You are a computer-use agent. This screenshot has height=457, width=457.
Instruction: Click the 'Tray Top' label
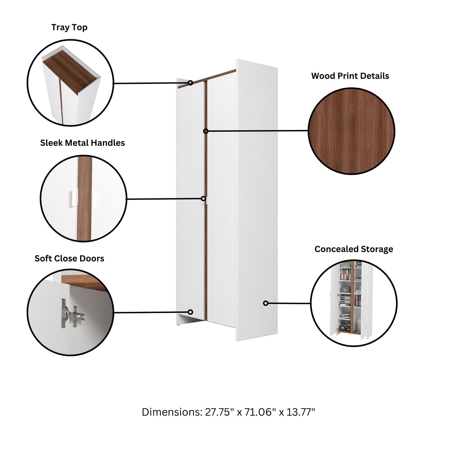point(69,28)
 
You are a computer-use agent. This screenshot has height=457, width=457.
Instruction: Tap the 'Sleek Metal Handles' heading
point(82,143)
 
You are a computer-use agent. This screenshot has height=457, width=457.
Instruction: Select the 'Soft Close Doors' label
point(69,258)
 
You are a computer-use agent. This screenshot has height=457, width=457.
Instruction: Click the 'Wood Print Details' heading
point(350,76)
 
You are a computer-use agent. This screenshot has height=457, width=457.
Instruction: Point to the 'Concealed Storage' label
point(354,249)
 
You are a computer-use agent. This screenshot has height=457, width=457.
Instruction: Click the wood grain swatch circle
point(351,131)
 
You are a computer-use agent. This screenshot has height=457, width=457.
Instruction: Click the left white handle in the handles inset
point(73,198)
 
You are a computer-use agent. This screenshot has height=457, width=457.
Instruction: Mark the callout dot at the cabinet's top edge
point(190,83)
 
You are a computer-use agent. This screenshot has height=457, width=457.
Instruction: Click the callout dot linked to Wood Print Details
point(206,131)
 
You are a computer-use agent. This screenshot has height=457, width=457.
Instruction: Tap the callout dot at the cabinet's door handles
point(204,199)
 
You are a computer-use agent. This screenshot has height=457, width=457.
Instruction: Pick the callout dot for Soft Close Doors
point(190,312)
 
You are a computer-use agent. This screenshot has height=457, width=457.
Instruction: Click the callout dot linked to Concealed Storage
point(266,303)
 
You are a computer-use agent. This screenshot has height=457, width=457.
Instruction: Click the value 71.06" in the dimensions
point(258,412)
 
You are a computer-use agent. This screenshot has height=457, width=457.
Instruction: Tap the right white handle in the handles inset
point(94,199)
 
